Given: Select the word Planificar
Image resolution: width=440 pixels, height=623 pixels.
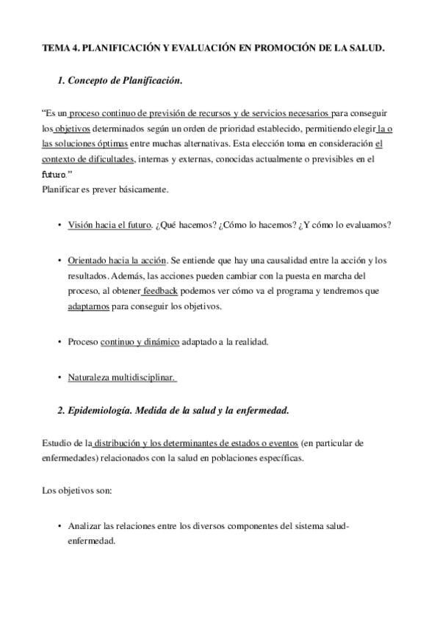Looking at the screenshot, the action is pyautogui.click(x=61, y=190).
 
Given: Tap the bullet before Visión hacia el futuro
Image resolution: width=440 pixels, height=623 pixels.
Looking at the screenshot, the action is pyautogui.click(x=58, y=225).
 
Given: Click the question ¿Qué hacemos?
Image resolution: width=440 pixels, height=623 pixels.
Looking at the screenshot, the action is pyautogui.click(x=186, y=225).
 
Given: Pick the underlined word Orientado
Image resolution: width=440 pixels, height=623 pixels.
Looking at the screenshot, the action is pyautogui.click(x=87, y=260).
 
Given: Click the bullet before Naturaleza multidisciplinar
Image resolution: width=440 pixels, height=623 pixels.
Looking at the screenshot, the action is pyautogui.click(x=58, y=378).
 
